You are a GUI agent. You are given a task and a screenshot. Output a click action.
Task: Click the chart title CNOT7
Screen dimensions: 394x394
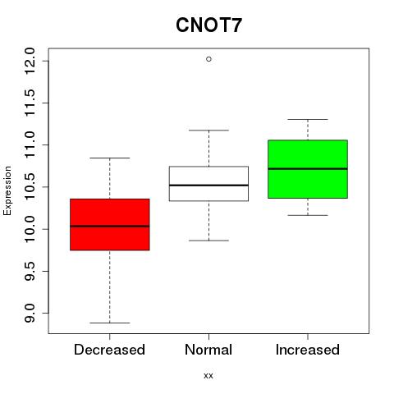(208, 25)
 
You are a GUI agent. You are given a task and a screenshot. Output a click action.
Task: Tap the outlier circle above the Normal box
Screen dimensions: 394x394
(208, 59)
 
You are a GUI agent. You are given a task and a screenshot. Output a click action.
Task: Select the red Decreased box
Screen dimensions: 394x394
(110, 224)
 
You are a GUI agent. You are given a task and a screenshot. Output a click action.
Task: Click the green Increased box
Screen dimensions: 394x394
(308, 169)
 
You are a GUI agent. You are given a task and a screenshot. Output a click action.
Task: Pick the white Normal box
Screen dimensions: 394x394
(208, 184)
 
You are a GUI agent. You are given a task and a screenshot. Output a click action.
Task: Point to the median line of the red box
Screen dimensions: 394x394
(110, 226)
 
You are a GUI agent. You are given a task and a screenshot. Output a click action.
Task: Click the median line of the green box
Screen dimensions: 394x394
(308, 168)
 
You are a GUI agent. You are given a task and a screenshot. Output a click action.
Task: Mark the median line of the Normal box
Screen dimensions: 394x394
(208, 186)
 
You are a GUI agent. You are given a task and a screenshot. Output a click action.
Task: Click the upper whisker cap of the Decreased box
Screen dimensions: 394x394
(110, 158)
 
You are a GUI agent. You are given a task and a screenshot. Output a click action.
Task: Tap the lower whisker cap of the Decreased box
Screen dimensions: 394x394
(110, 323)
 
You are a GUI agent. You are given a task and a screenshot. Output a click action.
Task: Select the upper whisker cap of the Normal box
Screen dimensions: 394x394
(208, 131)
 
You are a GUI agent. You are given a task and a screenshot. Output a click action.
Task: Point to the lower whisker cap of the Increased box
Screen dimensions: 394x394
(308, 215)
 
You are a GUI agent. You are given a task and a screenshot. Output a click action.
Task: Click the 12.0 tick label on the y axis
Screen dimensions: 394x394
(30, 61)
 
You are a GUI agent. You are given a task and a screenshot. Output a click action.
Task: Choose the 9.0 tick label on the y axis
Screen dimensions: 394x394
(30, 313)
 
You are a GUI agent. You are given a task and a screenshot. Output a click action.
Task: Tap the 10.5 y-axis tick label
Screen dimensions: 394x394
(30, 187)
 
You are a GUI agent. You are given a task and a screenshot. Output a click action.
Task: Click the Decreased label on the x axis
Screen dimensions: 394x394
(109, 350)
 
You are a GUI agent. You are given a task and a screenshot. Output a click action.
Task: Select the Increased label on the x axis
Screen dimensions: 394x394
(308, 350)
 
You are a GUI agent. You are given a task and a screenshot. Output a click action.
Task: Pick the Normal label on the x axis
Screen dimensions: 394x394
(208, 350)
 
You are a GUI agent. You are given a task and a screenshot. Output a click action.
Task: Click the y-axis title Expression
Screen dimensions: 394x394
(7, 190)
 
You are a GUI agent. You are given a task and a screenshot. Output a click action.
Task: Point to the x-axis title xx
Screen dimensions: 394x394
(208, 376)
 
